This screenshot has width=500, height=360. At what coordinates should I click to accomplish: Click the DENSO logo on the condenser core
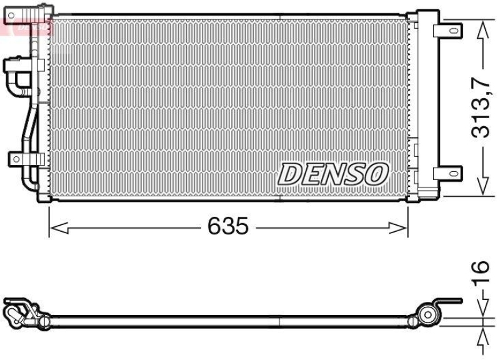333,174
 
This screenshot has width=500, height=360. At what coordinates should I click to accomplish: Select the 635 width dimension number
228,227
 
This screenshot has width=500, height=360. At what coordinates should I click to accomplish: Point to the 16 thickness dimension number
479,275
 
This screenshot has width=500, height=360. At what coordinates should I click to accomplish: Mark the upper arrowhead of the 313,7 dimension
482,29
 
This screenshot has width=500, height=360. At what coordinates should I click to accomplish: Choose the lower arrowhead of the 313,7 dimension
482,186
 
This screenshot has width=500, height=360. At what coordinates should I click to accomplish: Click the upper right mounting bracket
449,29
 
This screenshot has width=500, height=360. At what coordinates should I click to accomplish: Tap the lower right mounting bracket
449,172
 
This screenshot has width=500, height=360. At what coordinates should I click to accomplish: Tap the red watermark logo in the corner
25,25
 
